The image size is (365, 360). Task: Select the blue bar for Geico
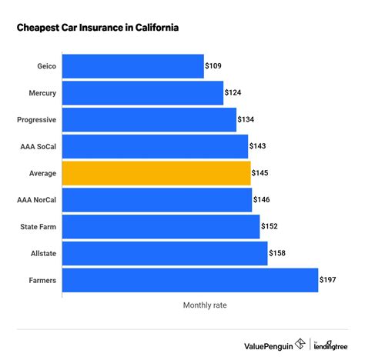pos(132,66)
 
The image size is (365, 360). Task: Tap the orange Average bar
pos(156,174)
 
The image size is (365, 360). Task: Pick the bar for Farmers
pos(189,281)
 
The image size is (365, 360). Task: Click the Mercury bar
pos(142,93)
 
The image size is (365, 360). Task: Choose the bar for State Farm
pos(160,227)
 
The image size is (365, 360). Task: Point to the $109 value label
pos(215,67)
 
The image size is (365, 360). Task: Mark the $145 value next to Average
pos(262,174)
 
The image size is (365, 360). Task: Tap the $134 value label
pos(247,120)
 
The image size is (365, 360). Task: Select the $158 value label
pos(278,254)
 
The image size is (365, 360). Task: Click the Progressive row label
pos(35,120)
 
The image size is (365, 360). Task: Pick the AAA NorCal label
pos(36,200)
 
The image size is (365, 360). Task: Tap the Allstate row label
pos(42,254)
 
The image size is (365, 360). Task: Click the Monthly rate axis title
pos(205,305)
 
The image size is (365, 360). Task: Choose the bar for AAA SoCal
pos(155,147)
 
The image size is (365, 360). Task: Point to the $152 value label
pos(271,227)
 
